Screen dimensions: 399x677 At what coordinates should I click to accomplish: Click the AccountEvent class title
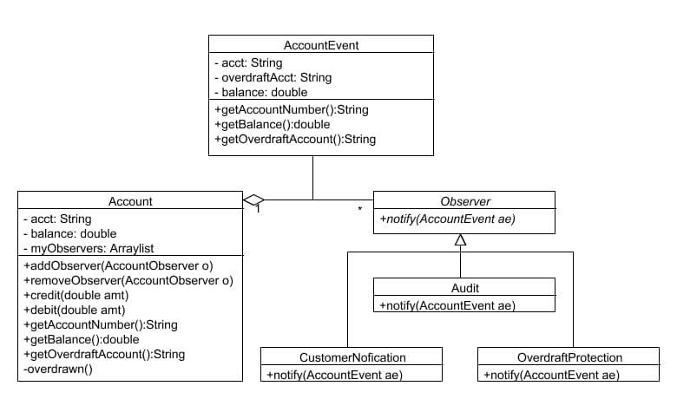point(321,45)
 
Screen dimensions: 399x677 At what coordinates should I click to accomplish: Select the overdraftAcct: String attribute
point(272,77)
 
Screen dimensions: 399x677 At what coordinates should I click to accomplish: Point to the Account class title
point(130,201)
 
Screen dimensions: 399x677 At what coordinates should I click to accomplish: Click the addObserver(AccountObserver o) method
point(118,265)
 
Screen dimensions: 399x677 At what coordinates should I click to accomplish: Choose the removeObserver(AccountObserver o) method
point(128,280)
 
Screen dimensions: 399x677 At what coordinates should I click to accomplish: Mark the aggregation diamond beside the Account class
point(253,200)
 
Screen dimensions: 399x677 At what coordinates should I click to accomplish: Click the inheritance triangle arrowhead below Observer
point(460,240)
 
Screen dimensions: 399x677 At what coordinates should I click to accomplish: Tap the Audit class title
point(463,288)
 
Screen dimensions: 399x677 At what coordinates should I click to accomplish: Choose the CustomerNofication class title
point(352,357)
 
